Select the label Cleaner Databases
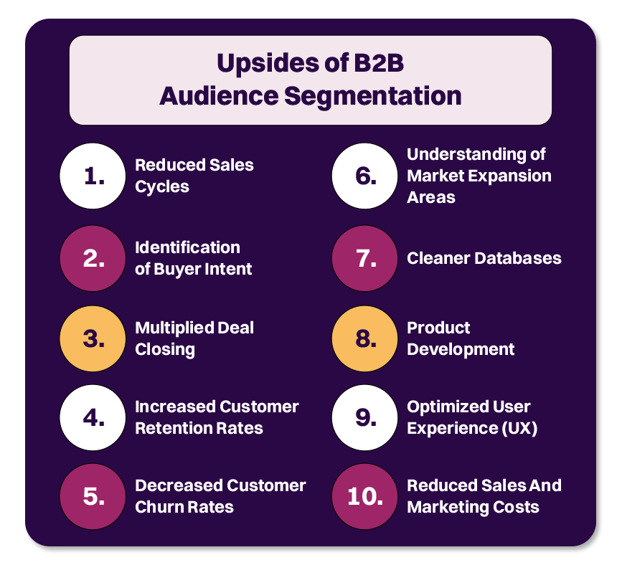point(484,258)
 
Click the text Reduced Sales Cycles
point(194,176)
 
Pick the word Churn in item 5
point(159,507)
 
